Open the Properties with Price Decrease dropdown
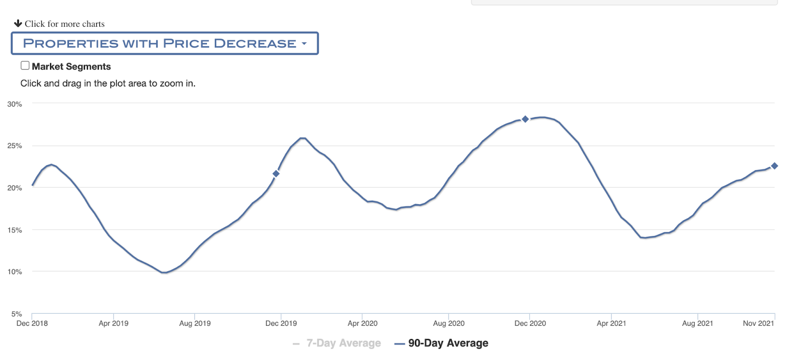click(x=164, y=44)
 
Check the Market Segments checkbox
click(x=25, y=66)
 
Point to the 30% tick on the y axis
click(x=14, y=104)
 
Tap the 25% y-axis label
click(x=14, y=146)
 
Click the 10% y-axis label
click(x=14, y=272)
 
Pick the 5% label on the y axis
click(x=16, y=314)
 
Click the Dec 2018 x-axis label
click(x=32, y=324)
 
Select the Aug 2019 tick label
click(x=195, y=324)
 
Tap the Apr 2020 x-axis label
click(x=362, y=324)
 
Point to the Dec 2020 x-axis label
click(x=530, y=324)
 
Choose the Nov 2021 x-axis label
click(x=758, y=324)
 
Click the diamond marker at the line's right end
click(x=774, y=166)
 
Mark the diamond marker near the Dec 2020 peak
click(x=525, y=119)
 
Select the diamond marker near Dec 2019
click(x=276, y=174)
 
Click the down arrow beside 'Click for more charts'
click(x=18, y=23)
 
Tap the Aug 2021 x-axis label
click(x=697, y=324)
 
